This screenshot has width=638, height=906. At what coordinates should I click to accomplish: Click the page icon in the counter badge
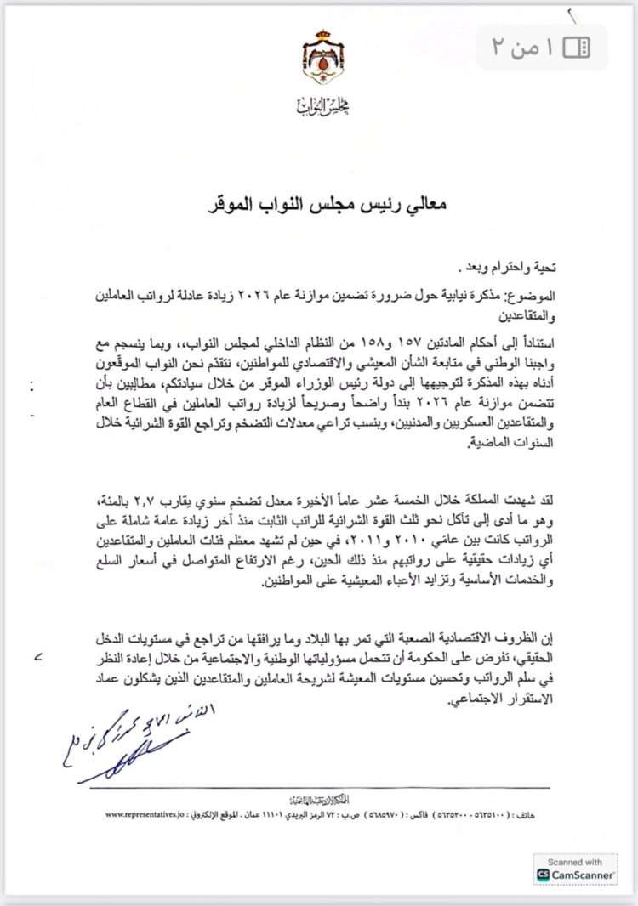click(x=576, y=47)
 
